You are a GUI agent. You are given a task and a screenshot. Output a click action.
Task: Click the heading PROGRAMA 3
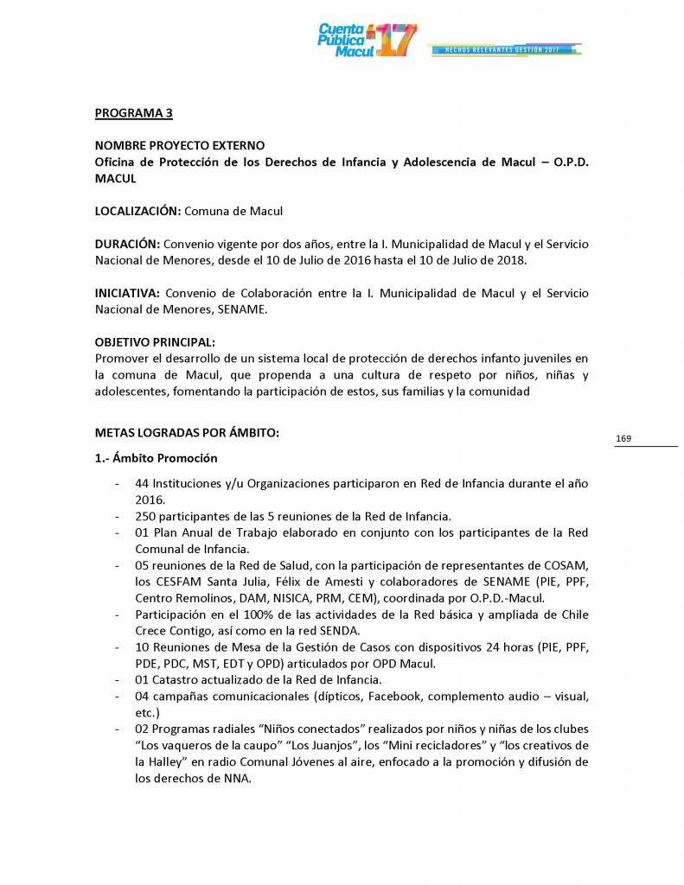tap(134, 112)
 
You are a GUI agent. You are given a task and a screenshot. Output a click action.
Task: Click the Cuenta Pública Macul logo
tap(367, 40)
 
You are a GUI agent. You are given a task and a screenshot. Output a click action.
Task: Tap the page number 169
tap(623, 439)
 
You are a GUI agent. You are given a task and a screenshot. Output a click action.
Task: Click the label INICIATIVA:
tap(128, 294)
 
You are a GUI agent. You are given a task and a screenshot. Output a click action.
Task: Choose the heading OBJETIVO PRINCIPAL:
tap(155, 342)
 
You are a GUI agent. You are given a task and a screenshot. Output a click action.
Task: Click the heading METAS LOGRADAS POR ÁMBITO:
tap(187, 433)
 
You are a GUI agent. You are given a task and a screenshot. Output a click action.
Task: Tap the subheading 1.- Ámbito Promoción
tap(156, 458)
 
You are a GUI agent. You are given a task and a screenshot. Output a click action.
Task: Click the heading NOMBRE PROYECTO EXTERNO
tap(180, 145)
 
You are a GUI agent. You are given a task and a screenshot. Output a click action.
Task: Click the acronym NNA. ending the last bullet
tap(235, 778)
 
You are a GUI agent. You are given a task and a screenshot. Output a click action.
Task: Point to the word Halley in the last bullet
tap(170, 761)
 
